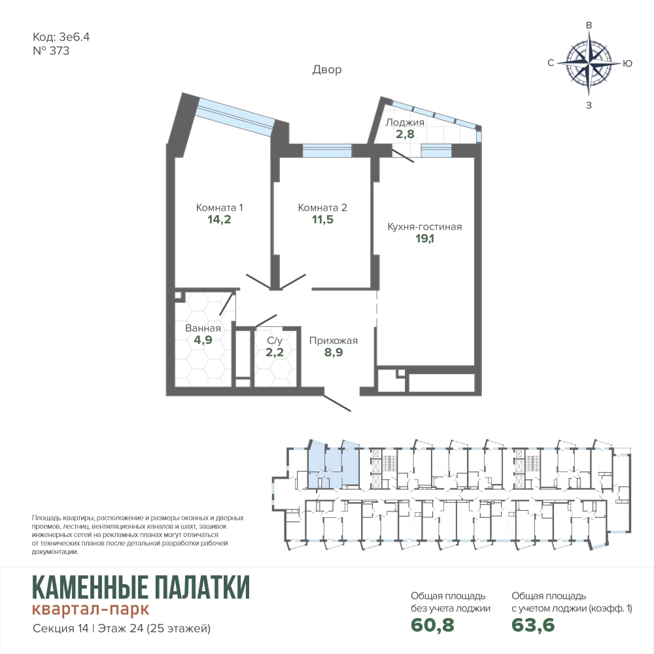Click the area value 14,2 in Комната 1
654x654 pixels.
219,219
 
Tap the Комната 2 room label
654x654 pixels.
322,207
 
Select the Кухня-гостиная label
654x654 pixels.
424,226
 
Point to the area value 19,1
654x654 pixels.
424,239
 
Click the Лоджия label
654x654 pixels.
405,122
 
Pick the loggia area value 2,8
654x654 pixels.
405,134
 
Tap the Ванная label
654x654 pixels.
203,328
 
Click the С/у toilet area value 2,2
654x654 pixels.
275,352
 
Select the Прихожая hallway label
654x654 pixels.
334,340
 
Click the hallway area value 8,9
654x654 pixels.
334,352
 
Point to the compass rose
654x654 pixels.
589,63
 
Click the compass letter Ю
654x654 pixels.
627,63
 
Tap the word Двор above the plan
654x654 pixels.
327,69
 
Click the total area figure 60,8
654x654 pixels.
432,625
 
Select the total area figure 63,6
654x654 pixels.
534,625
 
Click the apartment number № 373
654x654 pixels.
51,51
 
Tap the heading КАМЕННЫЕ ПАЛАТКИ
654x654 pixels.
141,587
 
